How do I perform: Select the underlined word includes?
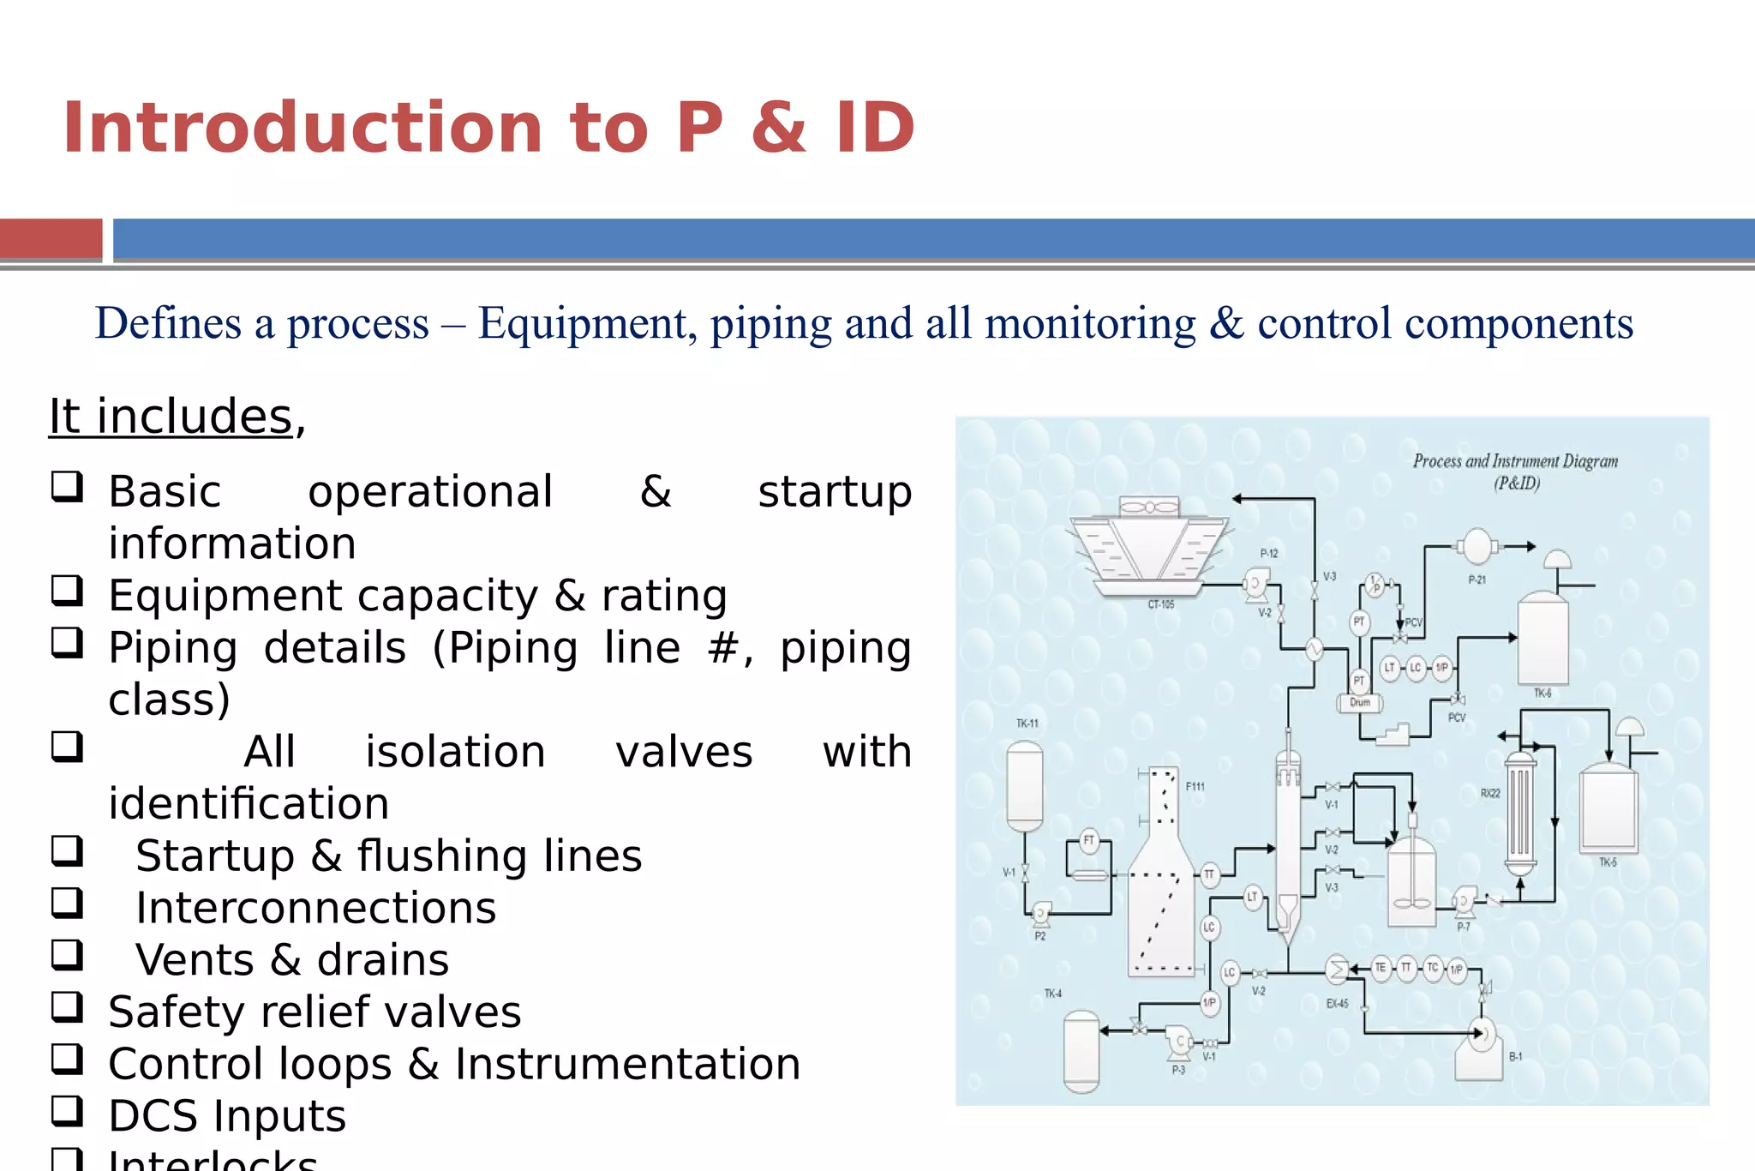[195, 417]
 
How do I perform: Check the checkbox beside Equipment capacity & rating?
[67, 591]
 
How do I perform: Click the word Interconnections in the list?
[315, 909]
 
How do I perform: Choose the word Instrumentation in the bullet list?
[627, 1065]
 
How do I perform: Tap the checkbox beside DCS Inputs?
[67, 1111]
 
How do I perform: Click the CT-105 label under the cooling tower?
[1161, 604]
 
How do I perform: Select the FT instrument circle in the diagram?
[1089, 840]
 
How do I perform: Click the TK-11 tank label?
[1027, 724]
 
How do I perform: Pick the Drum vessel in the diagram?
[1360, 703]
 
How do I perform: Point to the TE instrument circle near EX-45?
[1381, 968]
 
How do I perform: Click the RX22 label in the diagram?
[1490, 794]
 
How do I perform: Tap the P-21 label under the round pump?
[1477, 580]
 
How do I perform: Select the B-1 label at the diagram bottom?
[1516, 1057]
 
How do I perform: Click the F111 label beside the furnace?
[1195, 786]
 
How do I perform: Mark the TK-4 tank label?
[1053, 994]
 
